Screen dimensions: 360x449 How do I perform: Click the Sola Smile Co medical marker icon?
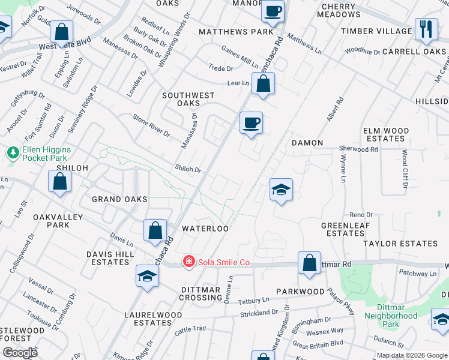[189, 262]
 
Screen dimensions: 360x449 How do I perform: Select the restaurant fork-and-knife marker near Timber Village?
[426, 29]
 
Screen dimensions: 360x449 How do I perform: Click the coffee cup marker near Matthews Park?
[273, 11]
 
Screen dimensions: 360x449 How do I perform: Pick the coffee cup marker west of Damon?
[252, 123]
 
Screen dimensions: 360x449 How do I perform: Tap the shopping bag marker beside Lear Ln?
[264, 84]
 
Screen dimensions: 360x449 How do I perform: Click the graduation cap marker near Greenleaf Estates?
[280, 190]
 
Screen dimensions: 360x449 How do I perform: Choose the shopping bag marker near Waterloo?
[155, 230]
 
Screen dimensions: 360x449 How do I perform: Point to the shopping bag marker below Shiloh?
[60, 181]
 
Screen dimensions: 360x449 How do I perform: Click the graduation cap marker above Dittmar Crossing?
[147, 276]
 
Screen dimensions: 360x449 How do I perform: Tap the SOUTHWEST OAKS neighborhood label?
[188, 99]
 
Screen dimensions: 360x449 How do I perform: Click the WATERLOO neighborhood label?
[205, 229]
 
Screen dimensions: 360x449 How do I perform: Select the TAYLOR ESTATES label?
[400, 244]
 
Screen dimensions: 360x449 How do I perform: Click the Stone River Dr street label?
[151, 125]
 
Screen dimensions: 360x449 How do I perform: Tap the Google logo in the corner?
[19, 352]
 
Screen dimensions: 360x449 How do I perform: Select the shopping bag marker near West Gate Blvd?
[61, 32]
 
